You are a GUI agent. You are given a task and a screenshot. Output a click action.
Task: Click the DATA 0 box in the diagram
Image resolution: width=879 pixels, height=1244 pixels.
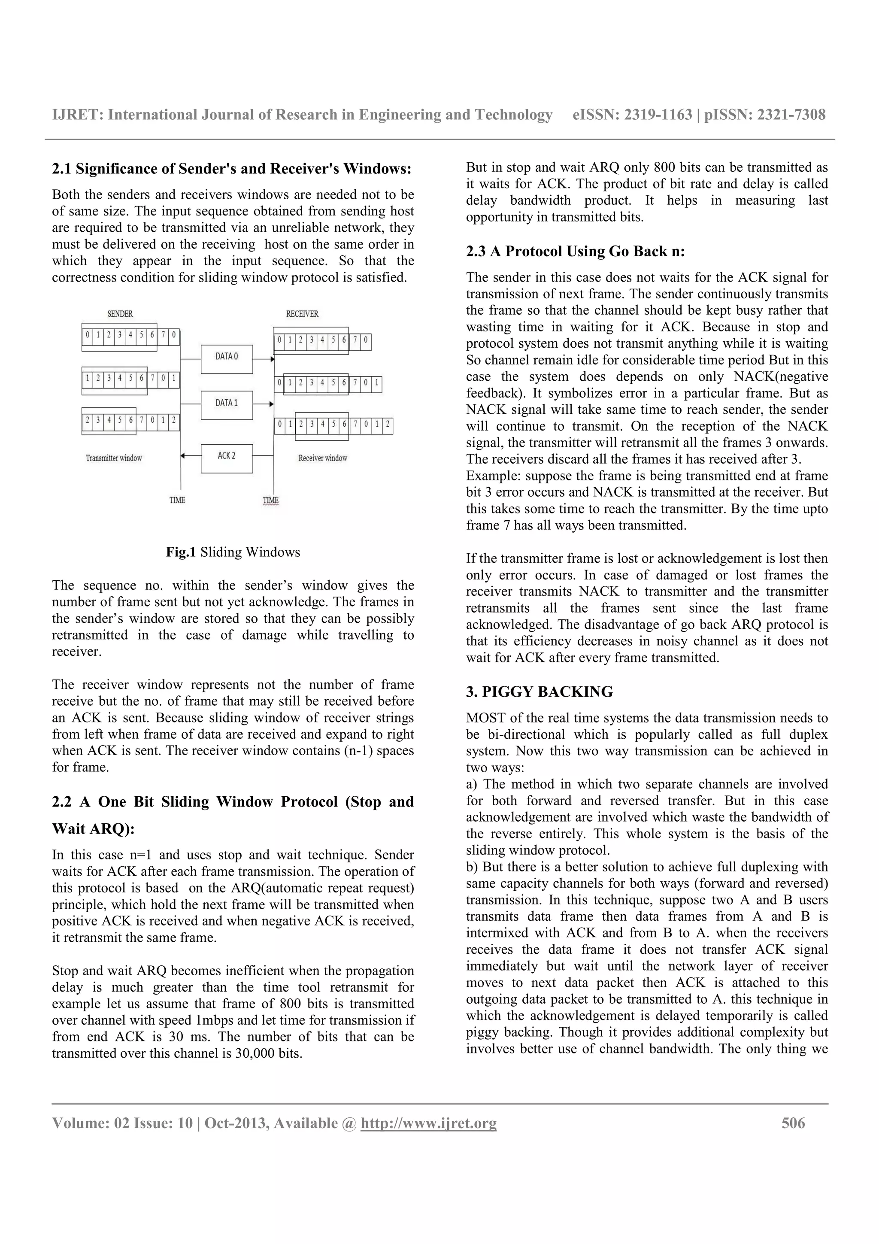pyautogui.click(x=226, y=359)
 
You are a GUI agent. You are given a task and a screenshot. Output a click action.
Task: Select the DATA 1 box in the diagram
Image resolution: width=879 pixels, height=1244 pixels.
pyautogui.click(x=226, y=405)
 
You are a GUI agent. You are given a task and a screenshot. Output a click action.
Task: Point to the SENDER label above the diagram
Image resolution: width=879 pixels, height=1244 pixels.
pyautogui.click(x=120, y=314)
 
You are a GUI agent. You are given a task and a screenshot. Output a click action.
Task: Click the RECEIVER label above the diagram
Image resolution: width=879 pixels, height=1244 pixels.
pyautogui.click(x=302, y=314)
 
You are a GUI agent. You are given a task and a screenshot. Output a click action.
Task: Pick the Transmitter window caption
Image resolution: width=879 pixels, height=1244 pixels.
pyautogui.click(x=114, y=458)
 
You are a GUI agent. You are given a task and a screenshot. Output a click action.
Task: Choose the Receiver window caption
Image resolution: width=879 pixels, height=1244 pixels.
pyautogui.click(x=322, y=458)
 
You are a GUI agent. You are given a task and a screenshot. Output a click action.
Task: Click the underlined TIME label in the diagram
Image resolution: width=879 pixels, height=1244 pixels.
pyautogui.click(x=270, y=500)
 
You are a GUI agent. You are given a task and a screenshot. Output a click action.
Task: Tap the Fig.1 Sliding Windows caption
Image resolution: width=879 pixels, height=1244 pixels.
pyautogui.click(x=233, y=552)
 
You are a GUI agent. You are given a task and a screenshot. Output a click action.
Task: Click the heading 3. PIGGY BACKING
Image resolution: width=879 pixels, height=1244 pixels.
pyautogui.click(x=540, y=692)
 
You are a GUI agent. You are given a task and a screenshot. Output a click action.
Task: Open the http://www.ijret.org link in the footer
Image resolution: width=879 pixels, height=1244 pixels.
pyautogui.click(x=428, y=1123)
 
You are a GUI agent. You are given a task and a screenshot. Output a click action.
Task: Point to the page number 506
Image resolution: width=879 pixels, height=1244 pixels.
pyautogui.click(x=793, y=1123)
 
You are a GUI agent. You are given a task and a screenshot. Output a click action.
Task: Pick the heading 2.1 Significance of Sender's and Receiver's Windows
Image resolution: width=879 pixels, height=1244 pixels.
pyautogui.click(x=232, y=169)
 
